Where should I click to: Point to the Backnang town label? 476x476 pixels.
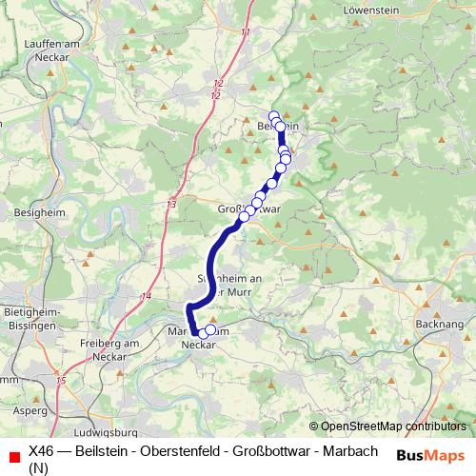tap(440, 324)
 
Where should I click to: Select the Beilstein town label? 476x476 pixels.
tap(278, 126)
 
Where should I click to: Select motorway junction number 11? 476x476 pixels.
tap(245, 32)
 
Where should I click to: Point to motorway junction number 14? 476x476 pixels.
tap(146, 297)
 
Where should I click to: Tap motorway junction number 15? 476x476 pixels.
tap(62, 381)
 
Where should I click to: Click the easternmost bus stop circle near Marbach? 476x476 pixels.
tap(211, 330)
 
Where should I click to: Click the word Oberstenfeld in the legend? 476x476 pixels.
tap(167, 450)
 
